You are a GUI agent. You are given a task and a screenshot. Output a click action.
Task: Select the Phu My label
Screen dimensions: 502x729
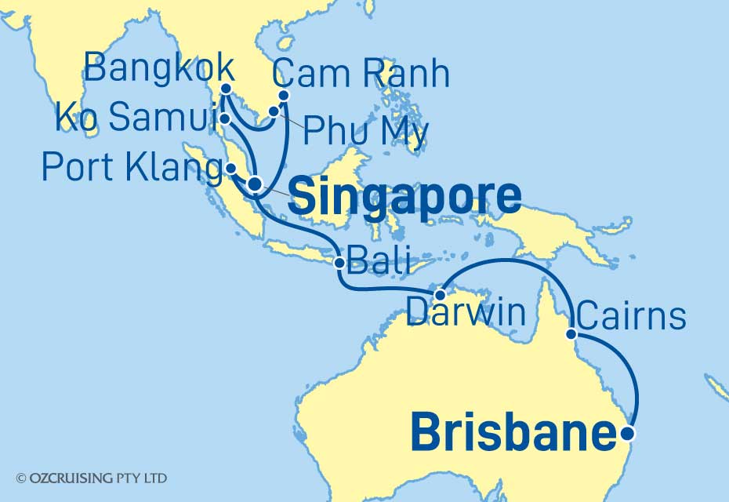tap(365, 132)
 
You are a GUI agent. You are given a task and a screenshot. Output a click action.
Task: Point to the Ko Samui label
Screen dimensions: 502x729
tap(136, 120)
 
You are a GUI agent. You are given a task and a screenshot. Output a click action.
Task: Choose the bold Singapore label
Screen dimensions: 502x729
tap(404, 197)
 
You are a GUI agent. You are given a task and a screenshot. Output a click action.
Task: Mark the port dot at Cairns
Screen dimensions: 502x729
tap(572, 334)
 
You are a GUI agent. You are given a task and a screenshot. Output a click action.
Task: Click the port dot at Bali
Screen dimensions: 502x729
tap(339, 263)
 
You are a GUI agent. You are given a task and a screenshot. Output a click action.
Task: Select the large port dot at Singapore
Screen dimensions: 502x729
tap(255, 184)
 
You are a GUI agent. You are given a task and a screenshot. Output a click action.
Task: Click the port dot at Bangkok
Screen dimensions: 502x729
tap(225, 88)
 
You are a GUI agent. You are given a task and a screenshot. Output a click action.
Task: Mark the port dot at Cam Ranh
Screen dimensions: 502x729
tap(284, 96)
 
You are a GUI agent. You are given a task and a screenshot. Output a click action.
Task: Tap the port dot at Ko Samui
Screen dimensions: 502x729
tap(225, 119)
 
